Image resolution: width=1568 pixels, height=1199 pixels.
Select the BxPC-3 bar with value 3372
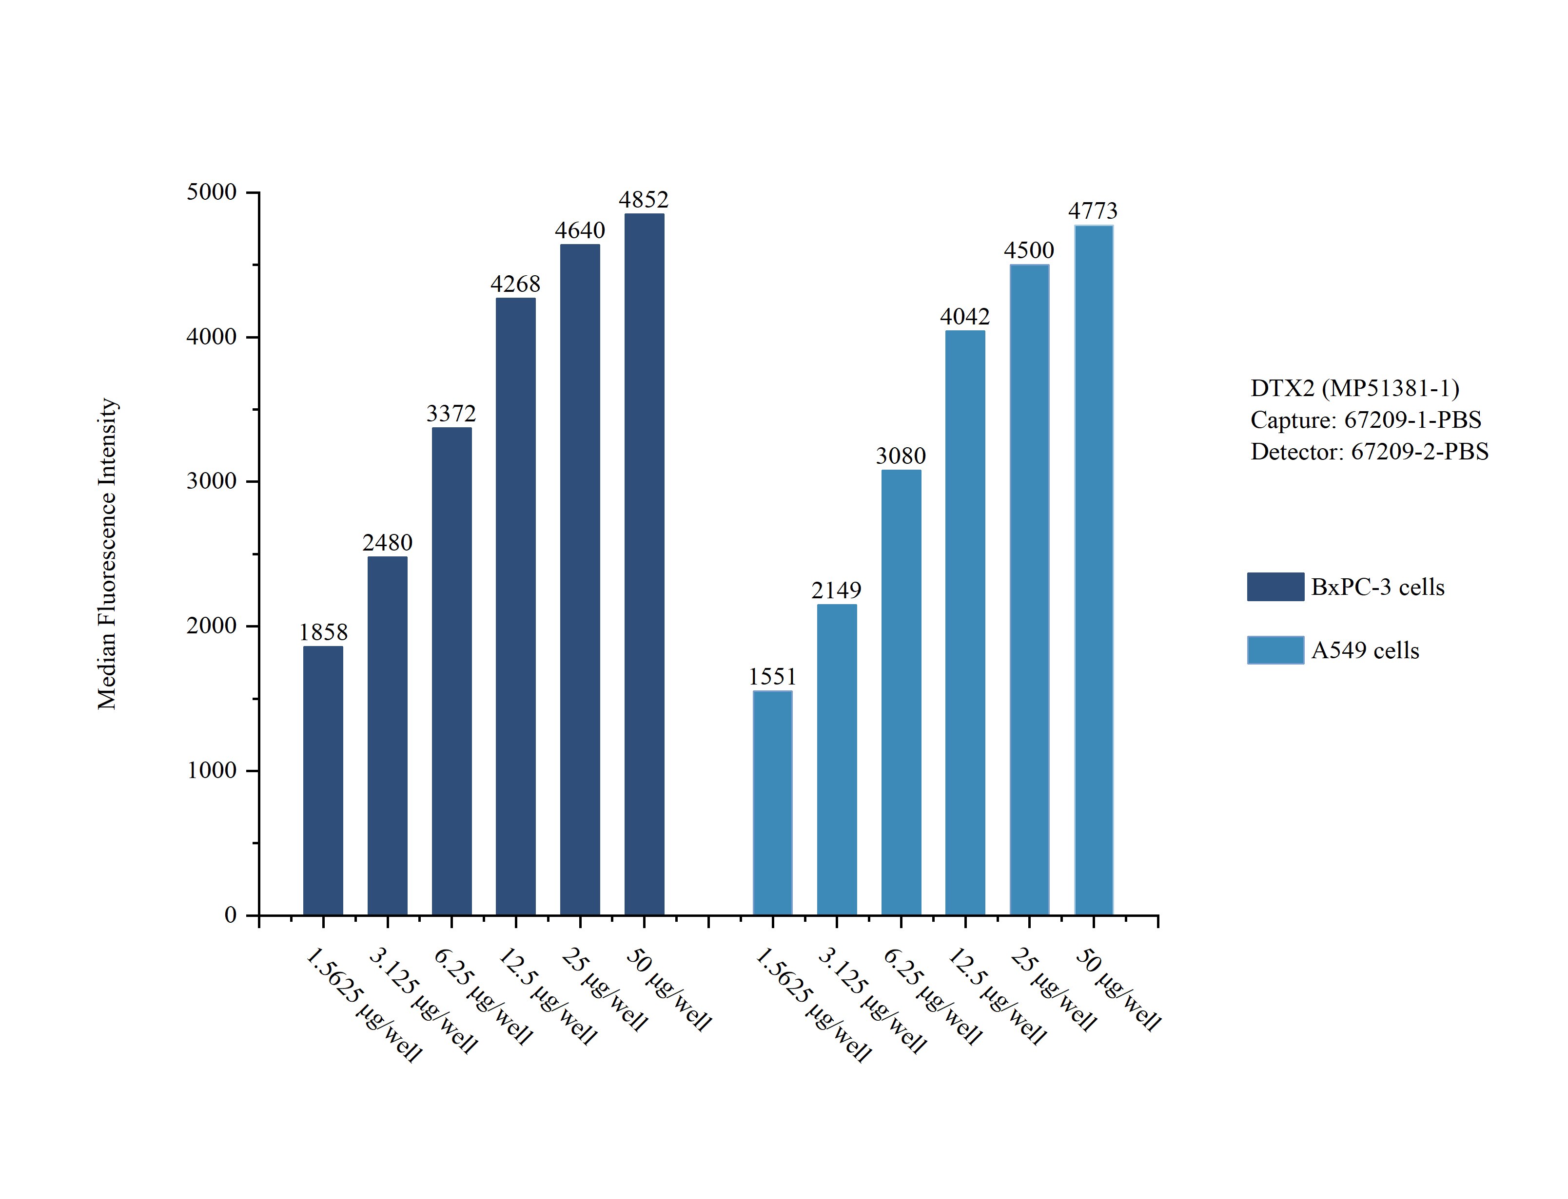click(451, 671)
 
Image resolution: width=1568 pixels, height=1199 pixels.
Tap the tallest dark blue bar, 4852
click(644, 564)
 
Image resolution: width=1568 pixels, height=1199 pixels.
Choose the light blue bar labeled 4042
click(965, 622)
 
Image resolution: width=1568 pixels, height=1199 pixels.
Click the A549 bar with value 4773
click(1093, 570)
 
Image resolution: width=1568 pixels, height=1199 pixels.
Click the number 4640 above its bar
click(580, 230)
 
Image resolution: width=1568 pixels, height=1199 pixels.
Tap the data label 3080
click(901, 456)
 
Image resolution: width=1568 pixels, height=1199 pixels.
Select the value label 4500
click(1028, 250)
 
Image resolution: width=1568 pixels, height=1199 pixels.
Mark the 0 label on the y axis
click(231, 915)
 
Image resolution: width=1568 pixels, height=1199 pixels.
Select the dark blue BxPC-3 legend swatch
click(1275, 587)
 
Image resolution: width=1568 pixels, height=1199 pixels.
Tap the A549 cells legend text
click(1365, 651)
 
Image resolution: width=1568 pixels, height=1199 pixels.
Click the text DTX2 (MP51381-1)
click(1354, 388)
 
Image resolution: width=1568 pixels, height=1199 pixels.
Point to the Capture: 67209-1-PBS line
click(1365, 419)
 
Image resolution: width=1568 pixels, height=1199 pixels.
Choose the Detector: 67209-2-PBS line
click(1369, 452)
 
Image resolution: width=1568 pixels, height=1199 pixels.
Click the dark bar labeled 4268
click(515, 607)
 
